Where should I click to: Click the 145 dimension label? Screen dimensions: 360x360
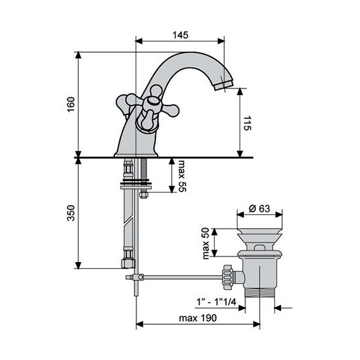(180, 35)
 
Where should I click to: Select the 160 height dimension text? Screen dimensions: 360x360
(71, 104)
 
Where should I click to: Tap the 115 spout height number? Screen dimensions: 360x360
(248, 123)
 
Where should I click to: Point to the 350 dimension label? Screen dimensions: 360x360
(71, 213)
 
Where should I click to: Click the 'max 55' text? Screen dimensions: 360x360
(183, 176)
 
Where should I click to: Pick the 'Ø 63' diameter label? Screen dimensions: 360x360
(259, 208)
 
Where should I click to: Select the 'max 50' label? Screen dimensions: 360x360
(206, 243)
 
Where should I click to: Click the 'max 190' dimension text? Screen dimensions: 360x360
(198, 318)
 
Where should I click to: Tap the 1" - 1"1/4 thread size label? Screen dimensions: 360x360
(216, 302)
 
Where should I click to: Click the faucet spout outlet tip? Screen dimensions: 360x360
(224, 86)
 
